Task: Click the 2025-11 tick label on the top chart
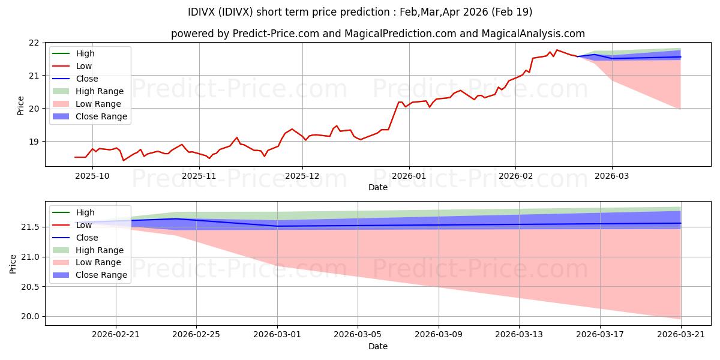coord(199,176)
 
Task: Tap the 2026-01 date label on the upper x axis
coord(409,176)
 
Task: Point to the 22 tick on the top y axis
coord(34,43)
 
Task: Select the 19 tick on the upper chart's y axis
coord(34,142)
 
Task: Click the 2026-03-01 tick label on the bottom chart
coord(277,335)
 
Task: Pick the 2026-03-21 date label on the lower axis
coord(681,335)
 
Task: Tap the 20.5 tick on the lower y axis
coord(30,287)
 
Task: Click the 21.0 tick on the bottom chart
coord(30,257)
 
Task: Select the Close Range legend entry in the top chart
coord(90,116)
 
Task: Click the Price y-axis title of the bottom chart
coord(13,264)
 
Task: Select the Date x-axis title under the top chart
coord(377,187)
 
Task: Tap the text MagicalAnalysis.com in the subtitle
coord(533,34)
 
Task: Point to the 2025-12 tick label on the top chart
coord(302,176)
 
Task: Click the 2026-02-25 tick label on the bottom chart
coord(196,335)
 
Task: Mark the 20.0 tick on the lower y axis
coord(30,317)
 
